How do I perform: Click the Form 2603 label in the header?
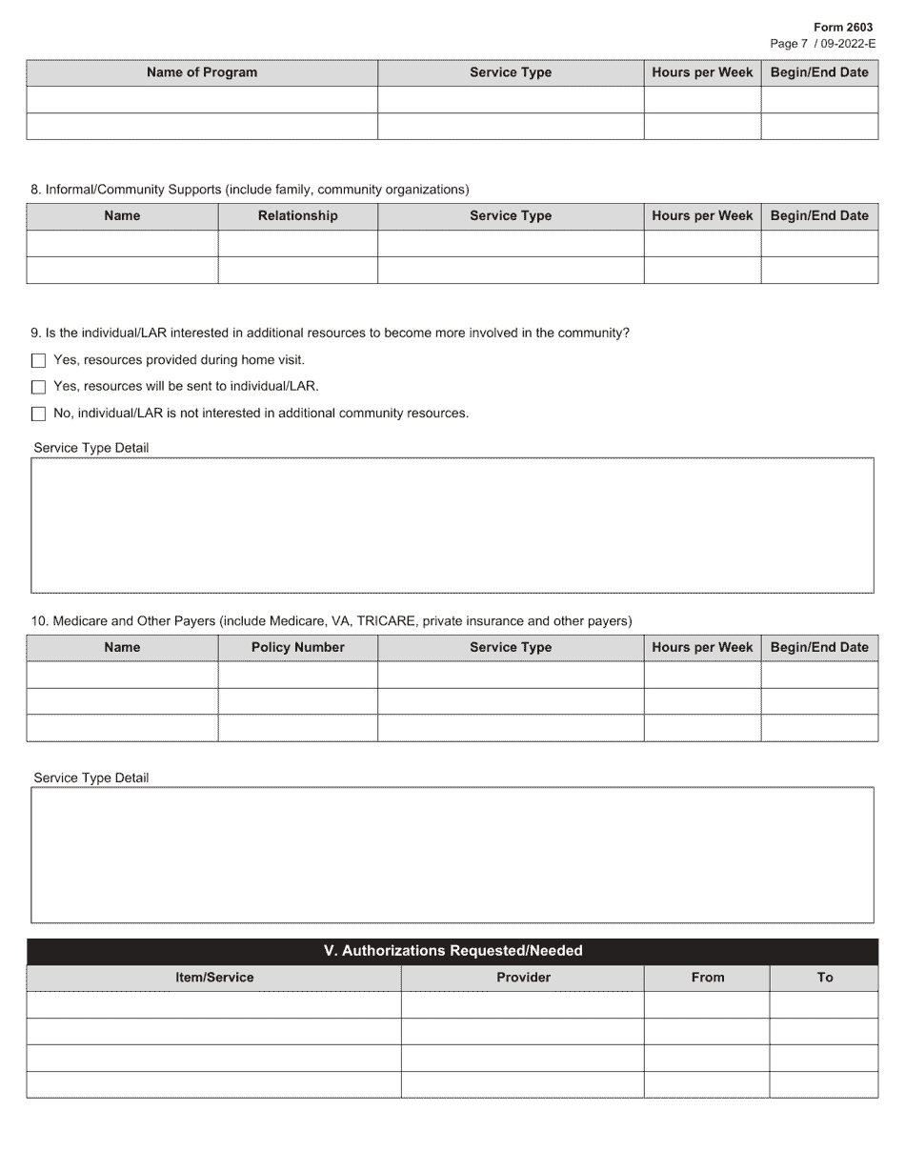[842, 28]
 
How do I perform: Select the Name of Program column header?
[202, 72]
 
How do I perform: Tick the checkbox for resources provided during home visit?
[38, 361]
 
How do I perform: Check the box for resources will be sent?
[38, 388]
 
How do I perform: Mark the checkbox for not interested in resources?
[38, 414]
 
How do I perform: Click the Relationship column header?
[297, 216]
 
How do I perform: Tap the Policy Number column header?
[297, 648]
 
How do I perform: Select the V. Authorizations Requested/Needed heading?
[452, 951]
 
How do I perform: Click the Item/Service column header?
[214, 978]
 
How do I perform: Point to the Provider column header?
[523, 978]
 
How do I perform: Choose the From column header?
[707, 978]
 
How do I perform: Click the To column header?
[824, 978]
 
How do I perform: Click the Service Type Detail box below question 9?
[452, 525]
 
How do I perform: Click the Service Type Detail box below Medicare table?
[452, 855]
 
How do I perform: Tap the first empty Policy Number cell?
[297, 675]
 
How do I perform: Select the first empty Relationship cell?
[297, 243]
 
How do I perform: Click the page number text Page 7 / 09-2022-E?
[822, 44]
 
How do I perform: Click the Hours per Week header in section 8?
[702, 216]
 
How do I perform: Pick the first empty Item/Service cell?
[214, 1004]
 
